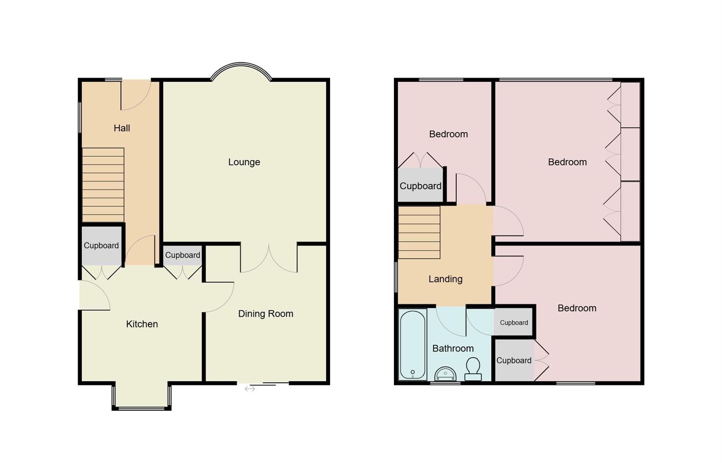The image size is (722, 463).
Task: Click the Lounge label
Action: click(x=244, y=162)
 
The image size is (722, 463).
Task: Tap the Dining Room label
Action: click(x=265, y=314)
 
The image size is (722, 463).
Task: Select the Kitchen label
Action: click(x=142, y=324)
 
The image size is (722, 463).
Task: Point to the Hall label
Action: click(x=122, y=128)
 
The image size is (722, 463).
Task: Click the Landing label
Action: click(x=445, y=279)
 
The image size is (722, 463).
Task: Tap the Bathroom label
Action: click(x=453, y=349)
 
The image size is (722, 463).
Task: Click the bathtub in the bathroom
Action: click(x=412, y=345)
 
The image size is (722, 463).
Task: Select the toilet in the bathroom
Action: click(x=473, y=369)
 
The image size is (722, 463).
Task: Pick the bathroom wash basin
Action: click(x=445, y=374)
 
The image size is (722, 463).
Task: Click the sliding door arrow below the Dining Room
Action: click(x=250, y=389)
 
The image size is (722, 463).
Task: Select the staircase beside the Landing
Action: click(x=419, y=232)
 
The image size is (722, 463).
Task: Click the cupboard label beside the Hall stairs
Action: click(x=101, y=246)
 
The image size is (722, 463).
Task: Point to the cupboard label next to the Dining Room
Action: click(x=183, y=255)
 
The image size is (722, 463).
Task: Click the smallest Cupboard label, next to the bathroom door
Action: click(x=514, y=323)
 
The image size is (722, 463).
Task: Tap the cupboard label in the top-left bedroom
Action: click(x=421, y=186)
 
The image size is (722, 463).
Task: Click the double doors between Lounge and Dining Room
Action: click(x=269, y=259)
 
